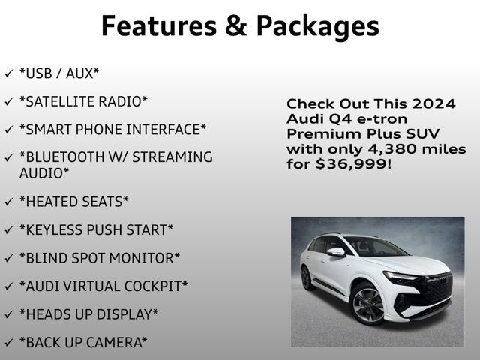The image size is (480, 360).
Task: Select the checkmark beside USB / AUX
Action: pos(8,73)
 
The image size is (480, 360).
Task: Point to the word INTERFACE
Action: pos(166,129)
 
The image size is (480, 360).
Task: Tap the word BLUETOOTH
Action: pos(64,157)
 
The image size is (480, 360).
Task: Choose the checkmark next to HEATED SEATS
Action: pos(8,202)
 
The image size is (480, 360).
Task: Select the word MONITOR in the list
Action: pos(143,257)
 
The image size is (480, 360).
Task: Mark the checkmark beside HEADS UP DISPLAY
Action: pos(8,313)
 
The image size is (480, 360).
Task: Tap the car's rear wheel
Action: pos(307,277)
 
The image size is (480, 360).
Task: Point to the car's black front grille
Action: pos(434,288)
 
